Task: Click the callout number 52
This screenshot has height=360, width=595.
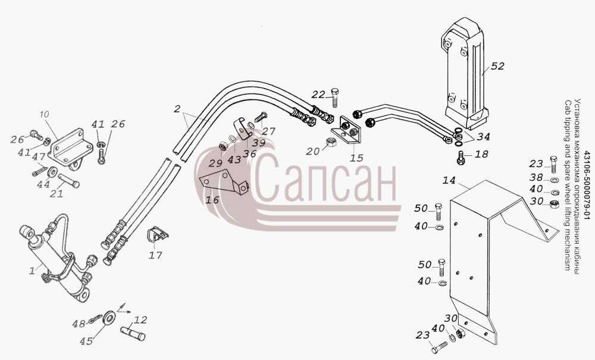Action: point(497,66)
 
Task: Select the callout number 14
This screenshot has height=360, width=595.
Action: point(449,180)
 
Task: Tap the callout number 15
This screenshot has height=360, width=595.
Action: point(356,158)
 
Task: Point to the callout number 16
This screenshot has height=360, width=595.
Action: point(212,199)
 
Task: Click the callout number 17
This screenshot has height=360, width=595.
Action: point(155,255)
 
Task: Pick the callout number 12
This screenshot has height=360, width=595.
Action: point(140,320)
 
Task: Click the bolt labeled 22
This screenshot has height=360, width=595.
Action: point(334,98)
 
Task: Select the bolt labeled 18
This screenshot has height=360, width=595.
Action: point(461,158)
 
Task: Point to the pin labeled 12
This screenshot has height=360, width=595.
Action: point(133,333)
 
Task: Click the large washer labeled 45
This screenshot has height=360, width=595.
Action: point(109,317)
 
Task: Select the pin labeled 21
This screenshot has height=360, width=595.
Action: point(68,180)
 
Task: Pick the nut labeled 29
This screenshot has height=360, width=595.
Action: point(224,146)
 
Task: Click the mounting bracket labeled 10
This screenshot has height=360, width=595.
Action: point(71,149)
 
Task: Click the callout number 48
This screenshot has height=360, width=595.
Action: point(79,324)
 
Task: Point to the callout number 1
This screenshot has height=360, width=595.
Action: point(32,271)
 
